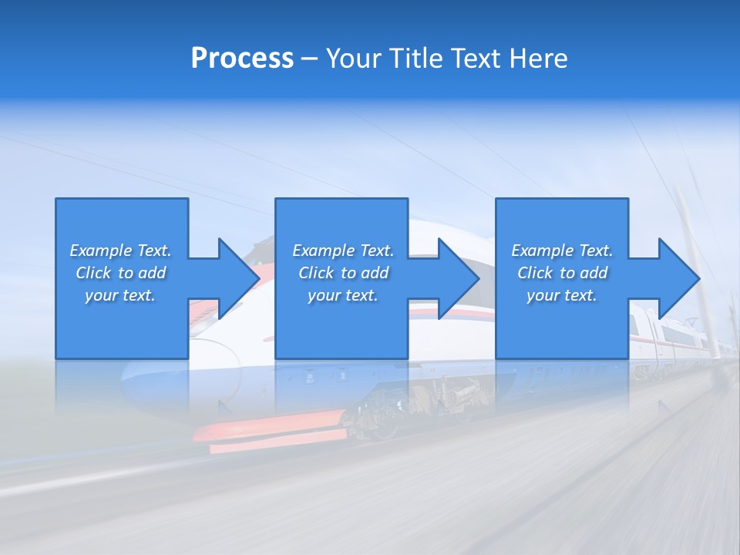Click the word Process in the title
click(242, 59)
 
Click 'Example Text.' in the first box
click(120, 251)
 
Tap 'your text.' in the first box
click(120, 295)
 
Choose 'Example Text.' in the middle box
click(343, 251)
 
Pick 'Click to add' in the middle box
click(343, 273)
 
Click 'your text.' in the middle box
click(343, 295)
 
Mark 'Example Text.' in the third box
click(562, 251)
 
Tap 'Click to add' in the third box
click(562, 273)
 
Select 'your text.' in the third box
click(562, 295)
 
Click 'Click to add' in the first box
click(120, 273)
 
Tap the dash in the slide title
click(310, 59)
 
